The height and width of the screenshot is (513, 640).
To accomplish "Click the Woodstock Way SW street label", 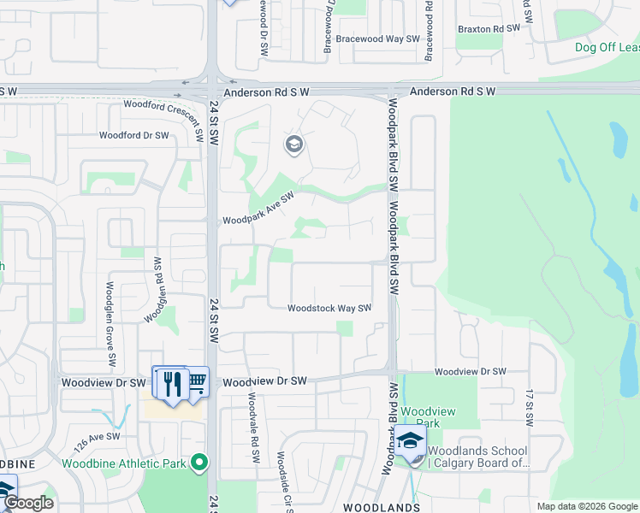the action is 329,309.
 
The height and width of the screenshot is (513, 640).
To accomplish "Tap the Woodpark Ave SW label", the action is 258,209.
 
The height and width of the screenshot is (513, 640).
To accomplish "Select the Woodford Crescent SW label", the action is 162,105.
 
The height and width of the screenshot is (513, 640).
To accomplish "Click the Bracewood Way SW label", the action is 377,39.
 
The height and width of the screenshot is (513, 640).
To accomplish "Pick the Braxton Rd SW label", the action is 489,29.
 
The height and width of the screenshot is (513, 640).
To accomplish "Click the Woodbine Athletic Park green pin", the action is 200,463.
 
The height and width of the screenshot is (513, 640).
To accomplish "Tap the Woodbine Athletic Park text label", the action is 124,464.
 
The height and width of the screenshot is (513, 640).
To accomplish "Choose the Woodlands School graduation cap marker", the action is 411,441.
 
